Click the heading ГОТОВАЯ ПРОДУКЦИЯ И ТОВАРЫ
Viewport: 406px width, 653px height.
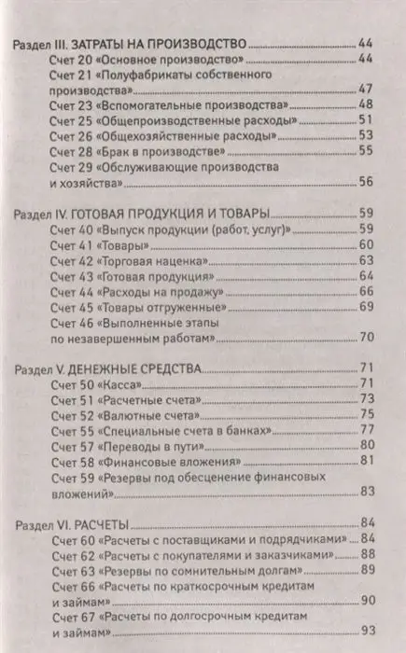(183, 213)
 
